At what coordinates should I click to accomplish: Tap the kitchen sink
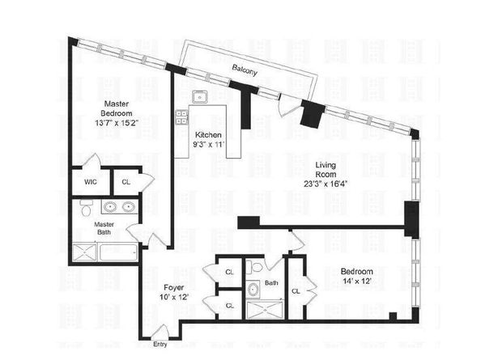[x=199, y=99]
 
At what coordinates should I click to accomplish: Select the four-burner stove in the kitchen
[x=181, y=119]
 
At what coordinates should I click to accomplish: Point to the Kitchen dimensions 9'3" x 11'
[x=207, y=144]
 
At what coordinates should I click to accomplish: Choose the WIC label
[x=90, y=182]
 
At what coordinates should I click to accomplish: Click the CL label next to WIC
[x=126, y=182]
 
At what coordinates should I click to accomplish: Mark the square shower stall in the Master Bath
[x=85, y=252]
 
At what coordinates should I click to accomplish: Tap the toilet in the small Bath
[x=256, y=266]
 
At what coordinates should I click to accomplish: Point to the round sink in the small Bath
[x=252, y=288]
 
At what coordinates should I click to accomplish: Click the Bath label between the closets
[x=271, y=283]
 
